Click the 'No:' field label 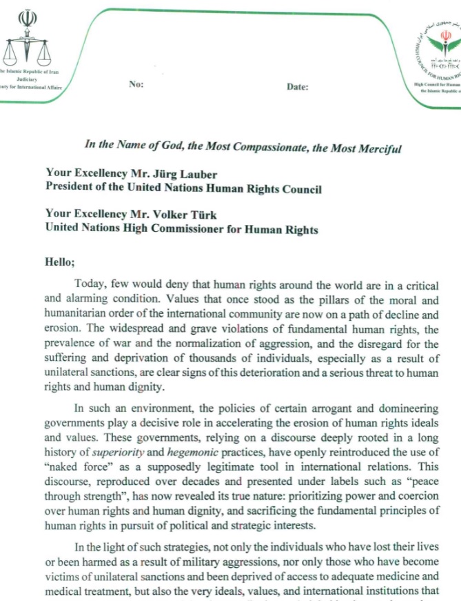coord(136,84)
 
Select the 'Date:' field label coord(298,87)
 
